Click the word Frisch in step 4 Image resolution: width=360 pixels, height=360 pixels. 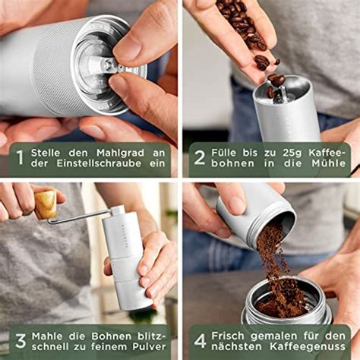tap(232, 335)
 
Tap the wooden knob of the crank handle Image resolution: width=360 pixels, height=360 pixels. tap(45, 204)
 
